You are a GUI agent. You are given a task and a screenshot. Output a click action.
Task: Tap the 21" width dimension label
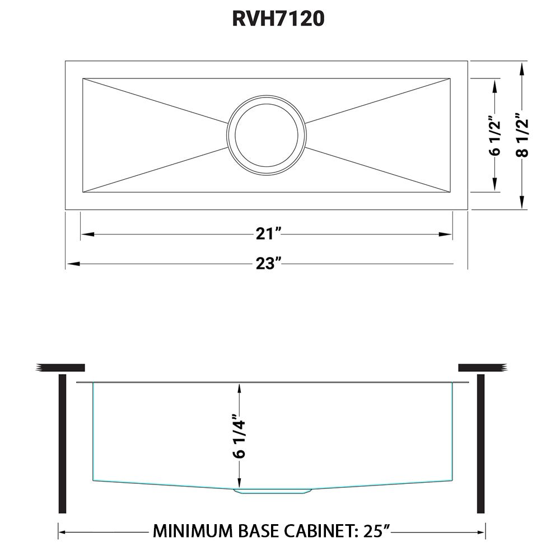click(267, 235)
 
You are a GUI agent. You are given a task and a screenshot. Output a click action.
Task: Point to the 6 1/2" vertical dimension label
click(494, 136)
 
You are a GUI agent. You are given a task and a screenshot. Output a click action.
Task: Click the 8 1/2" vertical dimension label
click(522, 136)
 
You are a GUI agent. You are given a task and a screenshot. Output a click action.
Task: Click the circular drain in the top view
click(267, 136)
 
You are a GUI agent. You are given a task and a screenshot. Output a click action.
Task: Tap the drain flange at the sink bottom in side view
click(272, 491)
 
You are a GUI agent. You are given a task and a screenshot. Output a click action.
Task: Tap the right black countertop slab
click(482, 367)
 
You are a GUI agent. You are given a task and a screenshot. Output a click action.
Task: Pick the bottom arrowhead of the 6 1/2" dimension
click(494, 188)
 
